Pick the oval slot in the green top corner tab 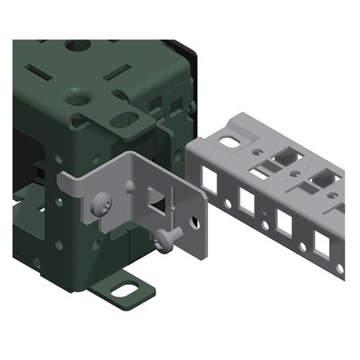(124, 119)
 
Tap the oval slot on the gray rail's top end (229, 142)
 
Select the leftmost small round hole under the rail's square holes (228, 205)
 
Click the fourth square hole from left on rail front (321, 243)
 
